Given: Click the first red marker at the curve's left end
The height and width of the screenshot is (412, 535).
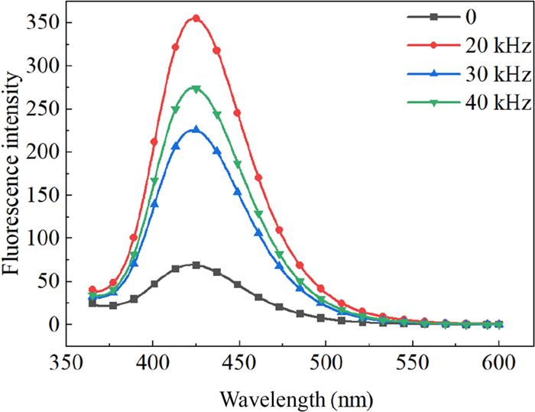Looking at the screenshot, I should click(92, 290).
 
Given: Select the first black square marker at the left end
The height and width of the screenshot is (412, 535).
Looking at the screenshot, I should click(92, 303).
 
